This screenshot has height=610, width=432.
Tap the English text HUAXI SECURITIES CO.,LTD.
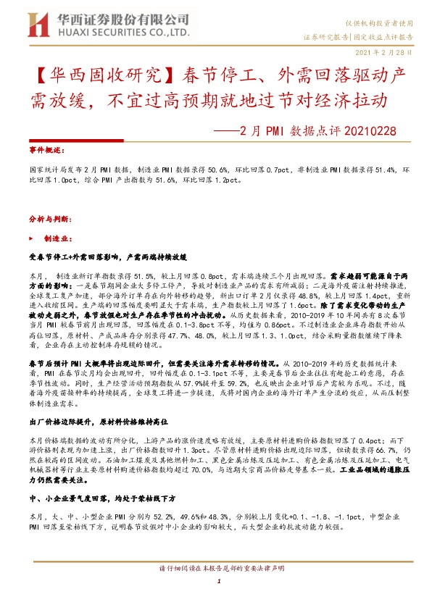(x=107, y=33)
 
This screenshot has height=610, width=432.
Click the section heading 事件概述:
(x=44, y=146)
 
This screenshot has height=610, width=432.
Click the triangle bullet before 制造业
(x=30, y=238)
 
